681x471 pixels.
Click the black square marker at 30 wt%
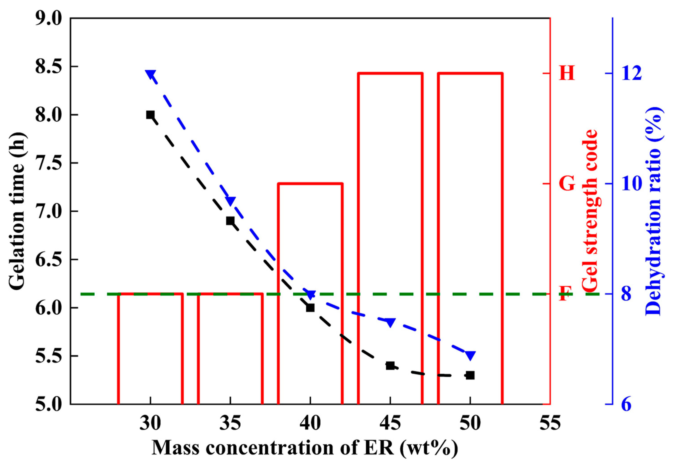[x=150, y=115]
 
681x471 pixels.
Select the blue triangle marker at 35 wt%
[x=231, y=201]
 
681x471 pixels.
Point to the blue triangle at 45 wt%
[x=390, y=322]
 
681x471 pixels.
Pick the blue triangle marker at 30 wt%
[x=150, y=74]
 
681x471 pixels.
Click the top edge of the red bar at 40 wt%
[x=310, y=184]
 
